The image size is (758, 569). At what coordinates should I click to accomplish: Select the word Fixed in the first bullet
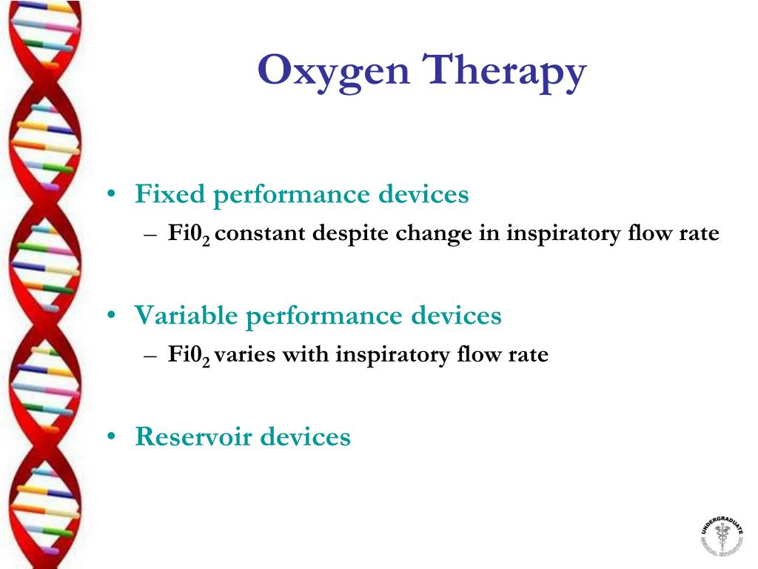tap(170, 195)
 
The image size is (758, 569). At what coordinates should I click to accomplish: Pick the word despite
tap(350, 234)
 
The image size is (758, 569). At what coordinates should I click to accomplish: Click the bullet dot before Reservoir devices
tap(110, 437)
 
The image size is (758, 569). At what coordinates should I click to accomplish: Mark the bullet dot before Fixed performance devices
tap(110, 195)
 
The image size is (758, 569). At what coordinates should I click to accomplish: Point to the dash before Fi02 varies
tap(150, 356)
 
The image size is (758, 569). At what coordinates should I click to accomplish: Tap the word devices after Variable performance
tap(455, 316)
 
